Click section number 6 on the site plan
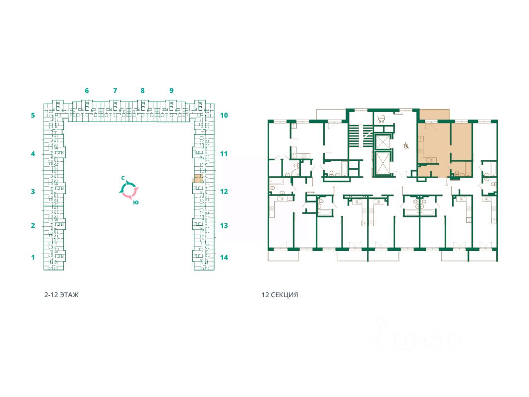[x=87, y=91]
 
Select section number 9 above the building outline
[x=171, y=91]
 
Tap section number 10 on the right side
[x=224, y=115]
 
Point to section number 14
[x=224, y=258]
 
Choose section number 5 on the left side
[x=33, y=115]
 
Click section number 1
[x=33, y=258]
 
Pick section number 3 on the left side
[x=33, y=192]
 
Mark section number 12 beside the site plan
[x=224, y=192]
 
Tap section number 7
[x=115, y=91]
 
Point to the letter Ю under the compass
[x=136, y=202]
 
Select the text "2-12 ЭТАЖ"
[x=61, y=295]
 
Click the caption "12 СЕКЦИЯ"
[x=280, y=295]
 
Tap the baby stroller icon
[x=381, y=119]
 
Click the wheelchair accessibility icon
[x=406, y=146]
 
